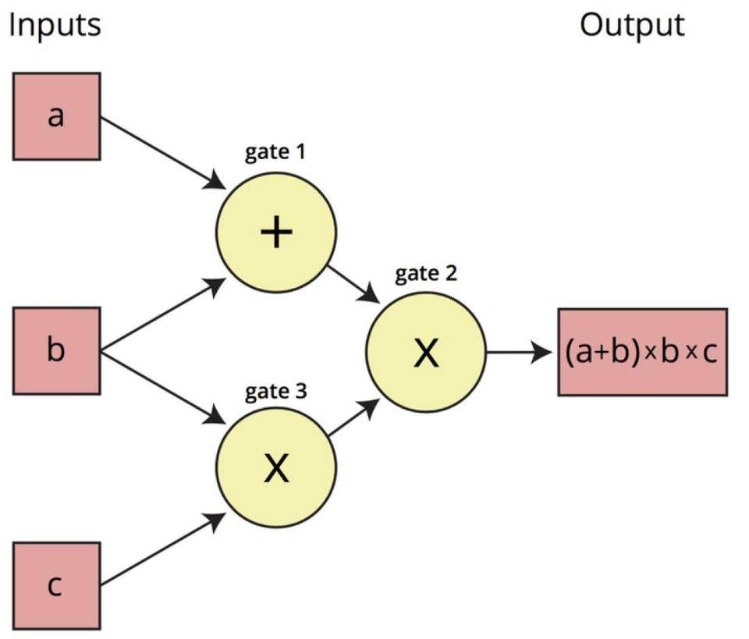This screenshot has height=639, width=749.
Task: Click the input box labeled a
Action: pos(56,116)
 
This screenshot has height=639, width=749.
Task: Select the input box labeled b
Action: pos(56,350)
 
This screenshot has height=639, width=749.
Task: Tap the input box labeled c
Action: pos(56,585)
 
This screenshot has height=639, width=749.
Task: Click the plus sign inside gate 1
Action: pos(276,232)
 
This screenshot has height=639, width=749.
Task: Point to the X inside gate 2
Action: pos(426,353)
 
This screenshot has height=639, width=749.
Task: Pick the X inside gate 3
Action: pos(276,467)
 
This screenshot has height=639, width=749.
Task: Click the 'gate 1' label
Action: pos(275,152)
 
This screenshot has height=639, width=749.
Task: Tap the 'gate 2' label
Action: pos(426,274)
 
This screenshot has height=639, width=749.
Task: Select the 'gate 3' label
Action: pos(275,392)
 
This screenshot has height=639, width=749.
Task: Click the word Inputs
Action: pos(55,24)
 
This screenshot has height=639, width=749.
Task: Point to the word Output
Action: pos(632,24)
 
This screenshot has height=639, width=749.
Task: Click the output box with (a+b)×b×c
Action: pos(643,352)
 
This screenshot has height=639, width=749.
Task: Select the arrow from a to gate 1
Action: pos(162,153)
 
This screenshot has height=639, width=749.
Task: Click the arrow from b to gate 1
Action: pos(162,315)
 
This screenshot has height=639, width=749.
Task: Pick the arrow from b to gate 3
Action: pos(162,388)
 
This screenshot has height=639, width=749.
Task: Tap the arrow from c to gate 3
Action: pos(162,549)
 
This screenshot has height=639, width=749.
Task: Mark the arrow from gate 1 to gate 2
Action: pos(353,284)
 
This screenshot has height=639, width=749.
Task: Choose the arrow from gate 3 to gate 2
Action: pos(354,418)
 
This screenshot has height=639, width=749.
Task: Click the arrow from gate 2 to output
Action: pos(519,353)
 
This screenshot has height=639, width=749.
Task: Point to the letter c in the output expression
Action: pos(710,353)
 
